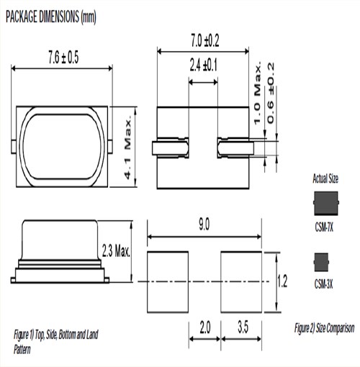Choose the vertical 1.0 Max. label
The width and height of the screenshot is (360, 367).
coord(257,94)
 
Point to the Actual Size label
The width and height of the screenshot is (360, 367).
coord(325,177)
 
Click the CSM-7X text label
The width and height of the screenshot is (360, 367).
coord(325,225)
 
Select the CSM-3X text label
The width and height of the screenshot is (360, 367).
coord(325,282)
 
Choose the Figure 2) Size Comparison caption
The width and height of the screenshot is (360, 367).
coord(323,328)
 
